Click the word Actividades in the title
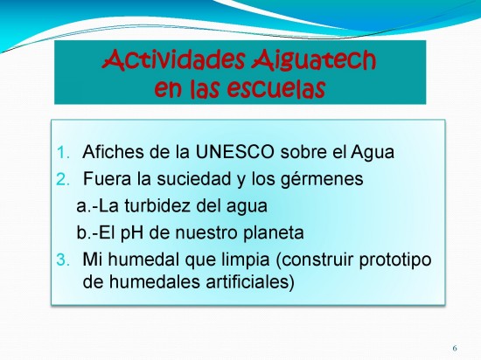(x=174, y=59)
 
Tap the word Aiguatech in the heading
(x=313, y=60)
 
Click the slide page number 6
(x=455, y=348)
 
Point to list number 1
(x=63, y=153)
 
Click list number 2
(x=63, y=179)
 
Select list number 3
(x=63, y=260)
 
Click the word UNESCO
(x=234, y=152)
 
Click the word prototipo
(x=395, y=260)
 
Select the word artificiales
(x=247, y=282)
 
